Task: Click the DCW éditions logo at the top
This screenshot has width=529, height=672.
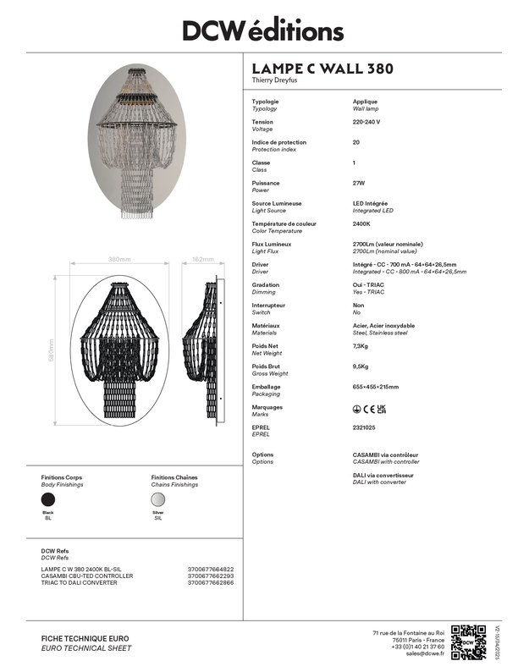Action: (x=264, y=30)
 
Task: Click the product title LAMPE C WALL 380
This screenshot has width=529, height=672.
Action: (x=322, y=69)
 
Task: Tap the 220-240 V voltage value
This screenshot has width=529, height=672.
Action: (x=366, y=122)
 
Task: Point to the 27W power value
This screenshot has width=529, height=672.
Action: (x=359, y=183)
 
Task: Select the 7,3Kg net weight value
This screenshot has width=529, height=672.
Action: (x=361, y=345)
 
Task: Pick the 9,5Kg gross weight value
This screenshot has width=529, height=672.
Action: (x=361, y=366)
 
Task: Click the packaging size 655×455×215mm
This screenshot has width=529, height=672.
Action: (x=376, y=387)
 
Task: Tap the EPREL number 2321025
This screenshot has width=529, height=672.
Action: (x=364, y=427)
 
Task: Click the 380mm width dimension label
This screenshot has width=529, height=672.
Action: (x=119, y=259)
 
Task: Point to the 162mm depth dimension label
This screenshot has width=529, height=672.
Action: (x=203, y=259)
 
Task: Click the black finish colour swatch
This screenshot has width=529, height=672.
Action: (x=49, y=500)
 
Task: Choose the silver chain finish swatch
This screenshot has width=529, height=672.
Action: (x=158, y=500)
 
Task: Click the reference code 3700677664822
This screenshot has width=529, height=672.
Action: (x=211, y=569)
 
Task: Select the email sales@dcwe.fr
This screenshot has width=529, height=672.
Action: (x=425, y=653)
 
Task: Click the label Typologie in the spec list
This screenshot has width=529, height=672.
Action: (x=266, y=102)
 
